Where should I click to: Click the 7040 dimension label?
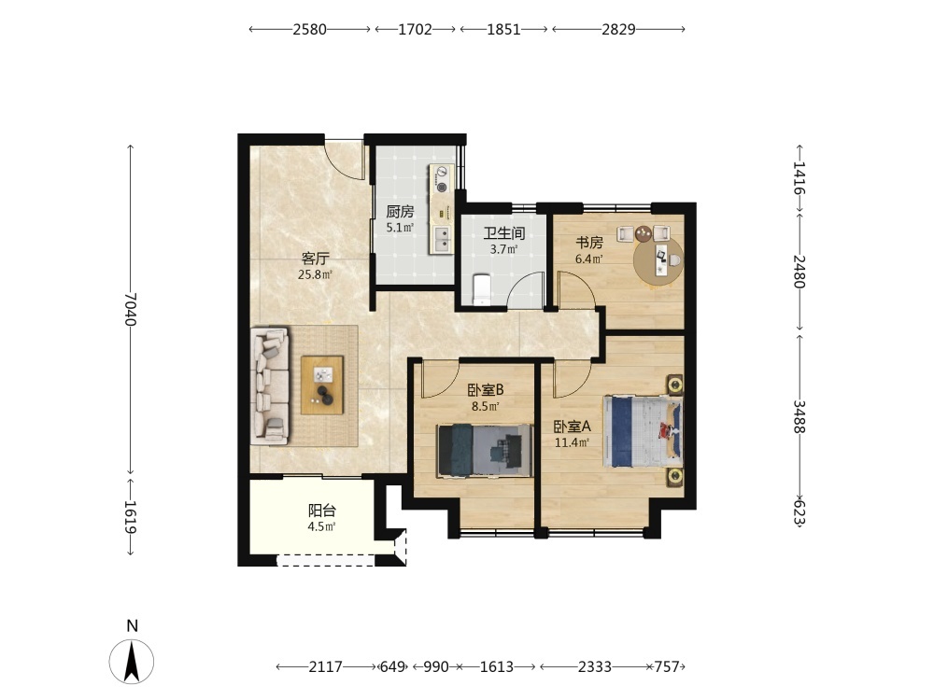[131, 309]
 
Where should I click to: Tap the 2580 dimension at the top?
[310, 29]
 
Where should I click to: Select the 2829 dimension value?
[618, 29]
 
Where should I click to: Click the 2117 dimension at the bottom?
[325, 666]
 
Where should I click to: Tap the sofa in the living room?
[271, 385]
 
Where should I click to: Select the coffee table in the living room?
[322, 385]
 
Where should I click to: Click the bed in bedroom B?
[484, 450]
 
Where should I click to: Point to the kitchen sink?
[442, 239]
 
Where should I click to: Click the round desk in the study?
[658, 262]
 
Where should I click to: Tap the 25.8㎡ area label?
[315, 274]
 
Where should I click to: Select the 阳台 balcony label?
[321, 511]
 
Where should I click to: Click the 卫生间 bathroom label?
[504, 233]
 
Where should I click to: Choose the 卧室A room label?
[572, 427]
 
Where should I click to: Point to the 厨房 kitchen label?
[400, 211]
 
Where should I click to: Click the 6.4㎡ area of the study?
[589, 259]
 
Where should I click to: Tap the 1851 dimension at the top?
[504, 29]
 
